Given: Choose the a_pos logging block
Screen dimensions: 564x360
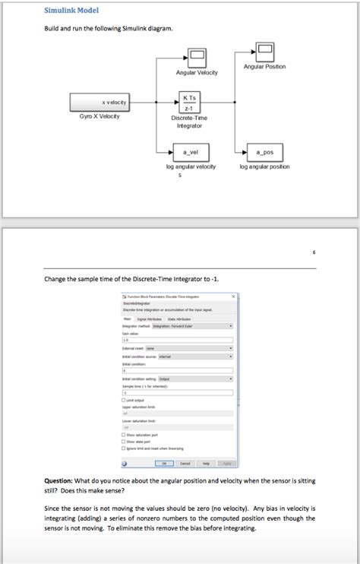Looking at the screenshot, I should click(x=264, y=152).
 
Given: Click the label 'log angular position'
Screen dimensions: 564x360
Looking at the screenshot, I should click(x=264, y=166).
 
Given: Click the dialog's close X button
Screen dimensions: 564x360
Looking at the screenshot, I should click(x=233, y=296).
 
